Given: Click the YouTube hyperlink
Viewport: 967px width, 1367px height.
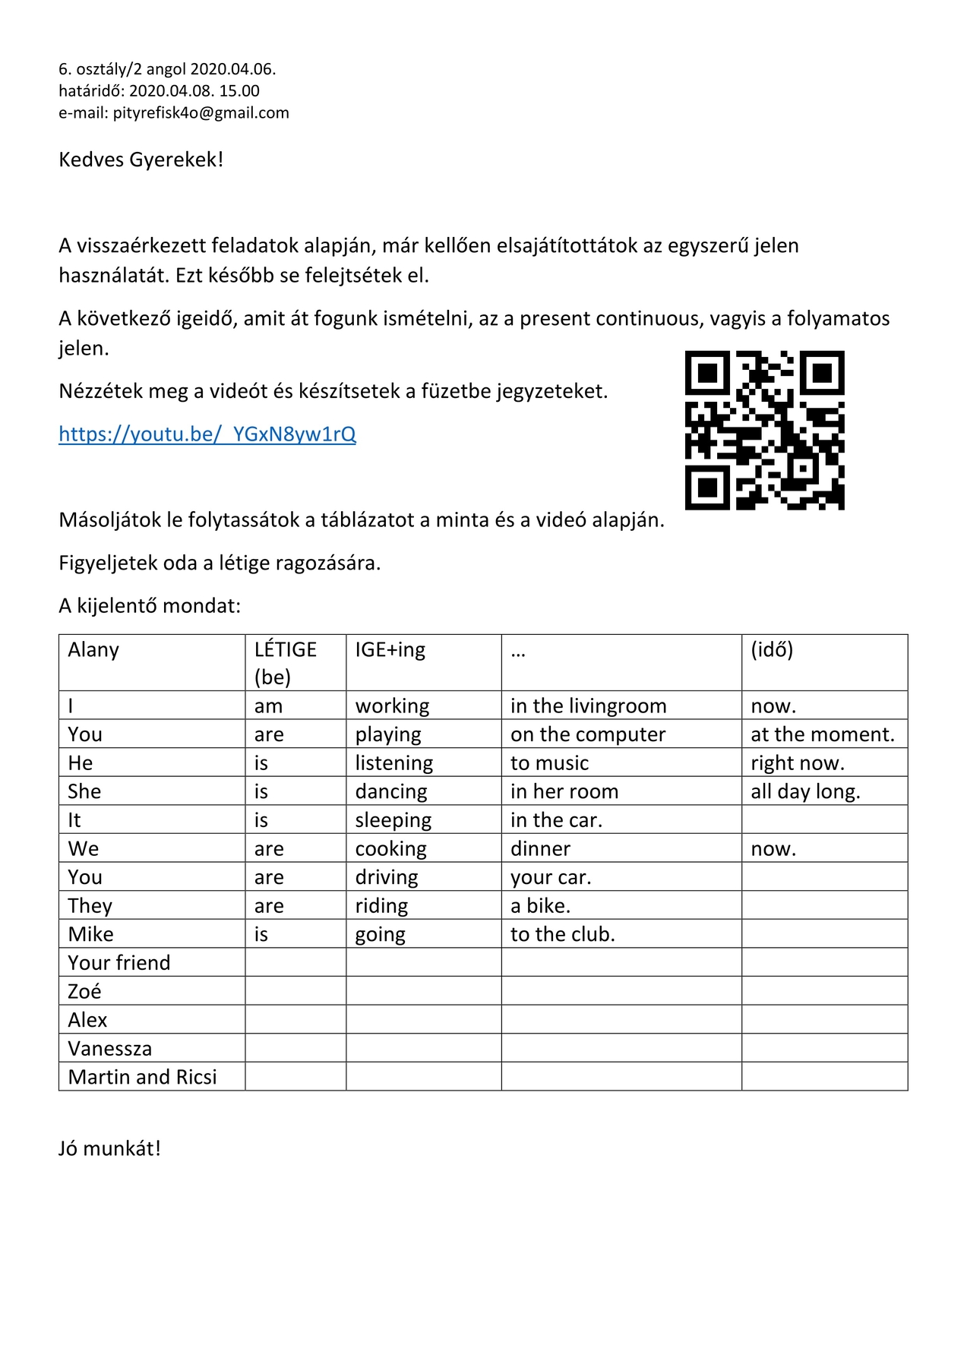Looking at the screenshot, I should coord(207,434).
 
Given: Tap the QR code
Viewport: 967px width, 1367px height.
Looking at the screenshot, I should coord(764,430).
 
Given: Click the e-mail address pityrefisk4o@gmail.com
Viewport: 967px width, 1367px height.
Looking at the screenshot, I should coord(201,113).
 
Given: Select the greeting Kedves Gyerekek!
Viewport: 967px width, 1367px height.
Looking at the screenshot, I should coord(141,160).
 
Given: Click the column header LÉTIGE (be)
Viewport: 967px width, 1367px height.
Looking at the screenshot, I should coord(285,662).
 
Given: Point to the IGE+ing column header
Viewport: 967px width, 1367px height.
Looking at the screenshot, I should coord(390,650).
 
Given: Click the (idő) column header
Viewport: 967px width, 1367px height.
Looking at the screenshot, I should coord(771,650).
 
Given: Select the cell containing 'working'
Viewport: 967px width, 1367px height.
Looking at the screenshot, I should coord(392,706).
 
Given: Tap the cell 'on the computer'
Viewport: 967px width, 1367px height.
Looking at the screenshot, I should coord(587,734).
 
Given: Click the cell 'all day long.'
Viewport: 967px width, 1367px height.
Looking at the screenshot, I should coord(805,791).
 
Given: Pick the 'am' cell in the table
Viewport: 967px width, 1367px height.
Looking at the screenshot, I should coord(268,706).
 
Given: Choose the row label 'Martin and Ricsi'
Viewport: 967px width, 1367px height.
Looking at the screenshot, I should coord(142,1077).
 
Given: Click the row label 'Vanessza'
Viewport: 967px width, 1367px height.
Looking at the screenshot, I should coord(109,1049).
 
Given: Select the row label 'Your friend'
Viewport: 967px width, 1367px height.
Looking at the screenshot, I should coord(119,963).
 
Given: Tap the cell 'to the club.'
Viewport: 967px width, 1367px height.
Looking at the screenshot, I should coord(562,934).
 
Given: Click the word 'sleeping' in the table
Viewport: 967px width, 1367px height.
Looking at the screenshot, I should coord(393,820).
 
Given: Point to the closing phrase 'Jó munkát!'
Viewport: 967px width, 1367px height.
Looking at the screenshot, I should coord(109,1148).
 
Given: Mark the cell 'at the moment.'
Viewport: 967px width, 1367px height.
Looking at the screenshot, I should coord(822,734).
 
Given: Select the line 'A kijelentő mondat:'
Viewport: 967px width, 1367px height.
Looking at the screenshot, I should coord(149,606).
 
